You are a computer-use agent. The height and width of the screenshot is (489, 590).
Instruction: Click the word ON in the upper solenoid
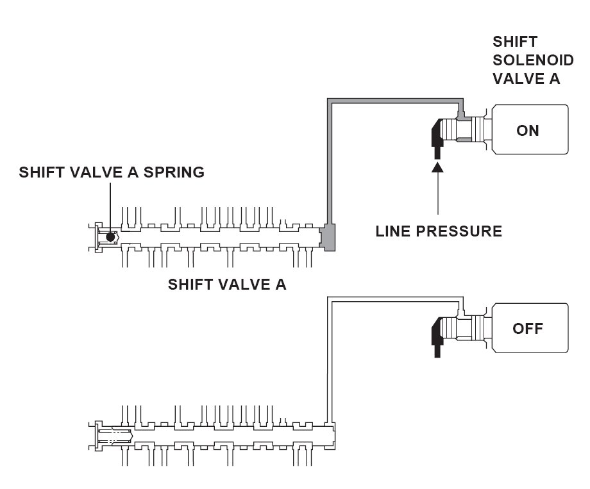[x=528, y=131]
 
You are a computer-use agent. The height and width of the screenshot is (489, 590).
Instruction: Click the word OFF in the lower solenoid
[x=528, y=329]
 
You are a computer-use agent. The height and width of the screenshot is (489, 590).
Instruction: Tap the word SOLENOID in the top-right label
[x=533, y=60]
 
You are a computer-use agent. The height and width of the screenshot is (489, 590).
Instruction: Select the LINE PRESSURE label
[x=439, y=231]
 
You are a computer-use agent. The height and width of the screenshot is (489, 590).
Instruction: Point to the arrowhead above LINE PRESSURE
[x=437, y=167]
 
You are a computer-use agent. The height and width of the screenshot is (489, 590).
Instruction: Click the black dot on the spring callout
[x=110, y=237]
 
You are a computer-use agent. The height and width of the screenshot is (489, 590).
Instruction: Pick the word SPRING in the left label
[x=174, y=172]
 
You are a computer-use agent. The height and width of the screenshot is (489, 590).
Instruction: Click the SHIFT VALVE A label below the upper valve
[x=227, y=285]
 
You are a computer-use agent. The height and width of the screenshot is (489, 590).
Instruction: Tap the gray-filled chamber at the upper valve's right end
[x=328, y=237]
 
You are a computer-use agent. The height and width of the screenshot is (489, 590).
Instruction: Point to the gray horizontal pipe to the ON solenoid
[x=395, y=101]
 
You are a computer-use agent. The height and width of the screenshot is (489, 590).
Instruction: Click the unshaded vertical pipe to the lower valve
[x=330, y=360]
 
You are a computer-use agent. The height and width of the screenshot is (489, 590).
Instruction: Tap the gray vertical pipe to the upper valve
[x=330, y=162]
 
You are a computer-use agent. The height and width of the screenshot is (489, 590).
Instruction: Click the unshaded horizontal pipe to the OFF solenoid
[x=395, y=299]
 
